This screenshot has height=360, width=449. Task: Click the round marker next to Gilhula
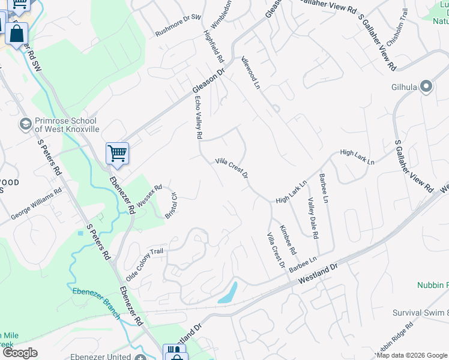[427, 87]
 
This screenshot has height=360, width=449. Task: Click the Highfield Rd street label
[213, 47]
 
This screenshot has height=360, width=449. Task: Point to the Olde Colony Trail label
[144, 259]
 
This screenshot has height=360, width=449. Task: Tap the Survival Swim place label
[420, 313]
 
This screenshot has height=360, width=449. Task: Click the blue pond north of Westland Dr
[229, 293]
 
